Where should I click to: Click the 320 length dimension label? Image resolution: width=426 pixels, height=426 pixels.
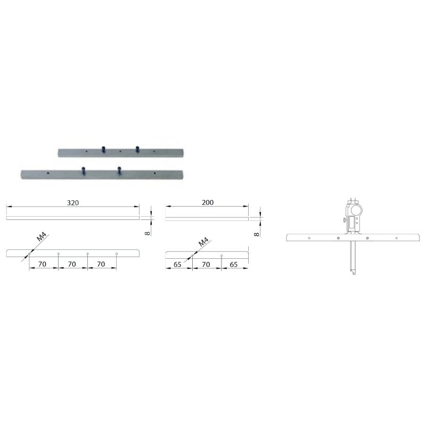coord(73,203)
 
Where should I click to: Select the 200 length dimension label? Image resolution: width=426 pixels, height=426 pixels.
coord(208,202)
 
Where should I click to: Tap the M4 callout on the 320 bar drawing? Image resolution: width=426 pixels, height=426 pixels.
coord(42,236)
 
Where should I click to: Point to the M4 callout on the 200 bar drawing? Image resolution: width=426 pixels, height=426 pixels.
coord(203,242)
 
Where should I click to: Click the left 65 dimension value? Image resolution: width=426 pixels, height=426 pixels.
coord(177,264)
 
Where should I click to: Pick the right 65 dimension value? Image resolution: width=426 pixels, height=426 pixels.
coord(233,264)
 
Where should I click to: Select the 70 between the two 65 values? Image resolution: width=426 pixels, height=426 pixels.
coord(206,264)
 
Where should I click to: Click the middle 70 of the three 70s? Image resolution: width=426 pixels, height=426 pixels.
coord(72,264)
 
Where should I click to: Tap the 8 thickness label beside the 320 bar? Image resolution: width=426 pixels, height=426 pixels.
coord(148,233)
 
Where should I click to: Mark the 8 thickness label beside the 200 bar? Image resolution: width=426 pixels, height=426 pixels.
coord(257,234)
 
